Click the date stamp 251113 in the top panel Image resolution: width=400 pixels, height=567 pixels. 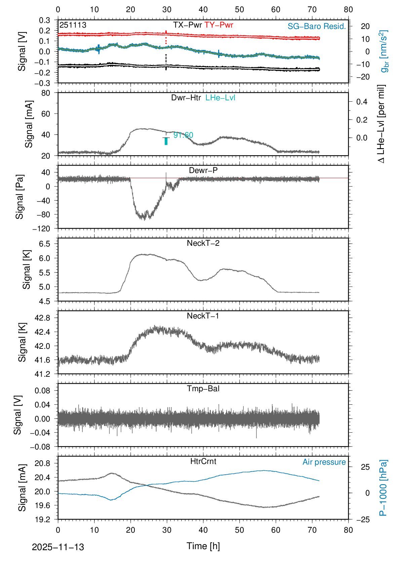tap(73, 25)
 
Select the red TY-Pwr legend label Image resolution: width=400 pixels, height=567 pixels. tap(219, 25)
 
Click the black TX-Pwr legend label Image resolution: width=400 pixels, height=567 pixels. tap(187, 25)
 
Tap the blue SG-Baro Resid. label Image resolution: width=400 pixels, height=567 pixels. tap(317, 26)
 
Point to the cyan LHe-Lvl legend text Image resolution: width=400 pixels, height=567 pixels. tap(220, 98)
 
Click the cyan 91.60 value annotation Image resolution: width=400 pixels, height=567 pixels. tap(183, 135)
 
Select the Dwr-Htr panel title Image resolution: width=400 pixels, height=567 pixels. tap(186, 98)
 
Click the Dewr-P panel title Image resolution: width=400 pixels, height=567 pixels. tap(203, 170)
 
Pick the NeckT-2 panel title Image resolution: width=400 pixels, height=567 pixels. tap(203, 243)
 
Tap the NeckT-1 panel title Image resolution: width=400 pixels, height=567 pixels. tap(203, 316)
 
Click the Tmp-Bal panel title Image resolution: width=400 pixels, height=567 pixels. tap(203, 389)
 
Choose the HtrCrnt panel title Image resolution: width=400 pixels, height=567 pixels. tap(203, 461)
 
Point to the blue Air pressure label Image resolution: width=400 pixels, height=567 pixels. tap(324, 462)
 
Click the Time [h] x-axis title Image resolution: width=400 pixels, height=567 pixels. tap(203, 546)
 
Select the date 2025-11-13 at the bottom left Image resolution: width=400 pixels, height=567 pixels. tap(58, 547)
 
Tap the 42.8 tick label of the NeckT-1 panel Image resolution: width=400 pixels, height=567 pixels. tap(42, 318)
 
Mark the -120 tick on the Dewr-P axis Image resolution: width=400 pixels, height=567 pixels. tap(41, 229)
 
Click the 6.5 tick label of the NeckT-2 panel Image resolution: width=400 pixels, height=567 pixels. tap(44, 244)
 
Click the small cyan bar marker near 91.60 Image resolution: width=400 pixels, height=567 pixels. tap(166, 141)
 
